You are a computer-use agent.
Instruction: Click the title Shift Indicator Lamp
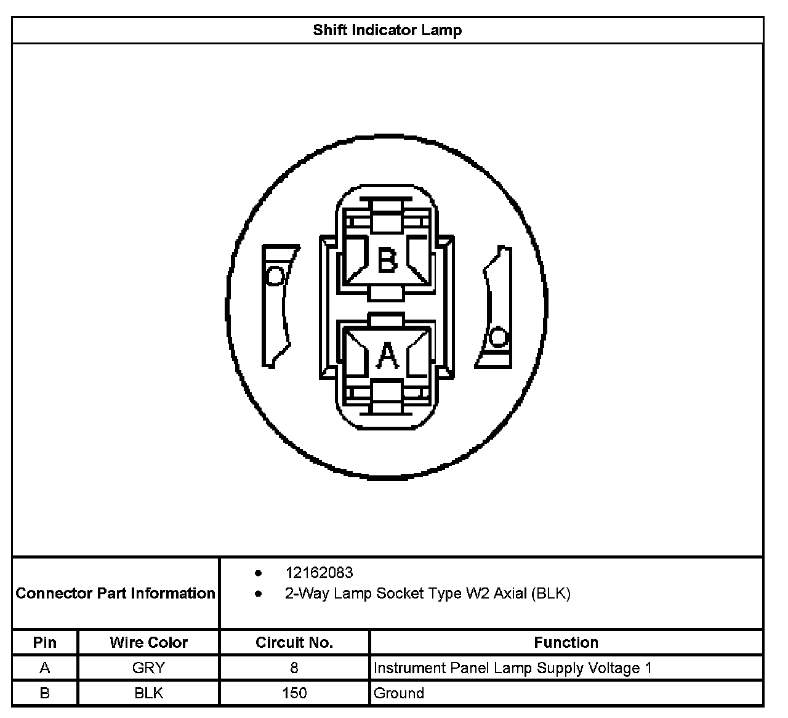(387, 30)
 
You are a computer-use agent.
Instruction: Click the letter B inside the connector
(387, 260)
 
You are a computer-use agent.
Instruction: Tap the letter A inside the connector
(387, 355)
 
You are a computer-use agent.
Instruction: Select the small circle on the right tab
(497, 337)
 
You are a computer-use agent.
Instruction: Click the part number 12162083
(319, 573)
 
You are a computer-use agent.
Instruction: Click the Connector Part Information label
(116, 593)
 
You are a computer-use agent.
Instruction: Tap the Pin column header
(45, 642)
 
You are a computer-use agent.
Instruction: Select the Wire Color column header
(148, 642)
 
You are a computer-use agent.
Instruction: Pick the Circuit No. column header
(294, 642)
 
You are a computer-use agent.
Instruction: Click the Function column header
(566, 642)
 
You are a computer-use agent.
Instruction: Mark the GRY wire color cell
(148, 668)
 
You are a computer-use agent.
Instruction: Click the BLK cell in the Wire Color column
(148, 693)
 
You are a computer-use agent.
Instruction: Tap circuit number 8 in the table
(294, 668)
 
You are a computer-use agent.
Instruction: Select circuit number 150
(294, 693)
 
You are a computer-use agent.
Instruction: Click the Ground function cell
(399, 693)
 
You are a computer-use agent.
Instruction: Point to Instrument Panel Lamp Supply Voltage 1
(512, 668)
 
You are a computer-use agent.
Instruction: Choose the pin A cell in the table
(45, 668)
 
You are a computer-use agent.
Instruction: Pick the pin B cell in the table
(45, 693)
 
